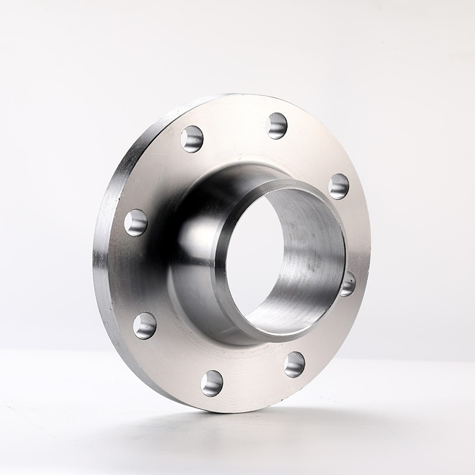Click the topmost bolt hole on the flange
[277, 125]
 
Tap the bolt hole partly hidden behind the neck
[348, 284]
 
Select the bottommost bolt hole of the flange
[212, 383]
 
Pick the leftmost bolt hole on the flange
[136, 222]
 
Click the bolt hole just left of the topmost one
[192, 139]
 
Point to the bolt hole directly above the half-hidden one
[338, 186]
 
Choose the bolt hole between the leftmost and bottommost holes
[145, 325]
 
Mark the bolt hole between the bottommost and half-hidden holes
[294, 364]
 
